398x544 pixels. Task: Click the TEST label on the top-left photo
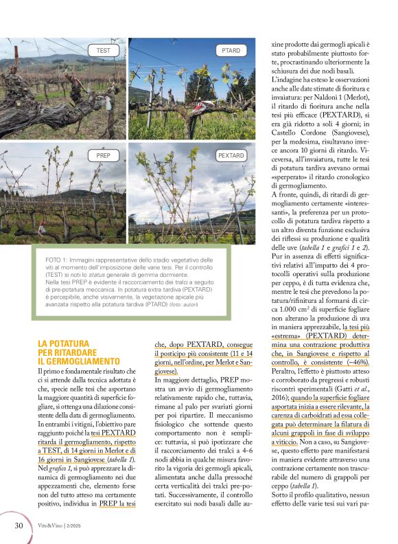tap(103, 51)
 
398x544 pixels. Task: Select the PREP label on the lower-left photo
tap(103, 156)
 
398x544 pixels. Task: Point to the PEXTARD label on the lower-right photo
tap(231, 156)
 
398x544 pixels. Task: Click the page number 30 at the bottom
tap(19, 525)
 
